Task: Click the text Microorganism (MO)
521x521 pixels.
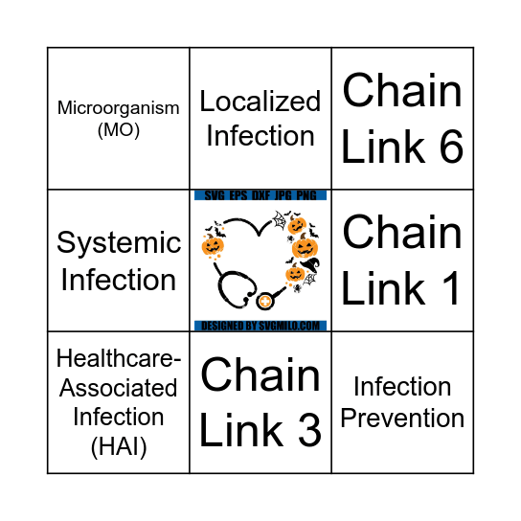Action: (118, 119)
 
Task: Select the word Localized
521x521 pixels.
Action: (260, 102)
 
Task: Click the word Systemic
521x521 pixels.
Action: (119, 243)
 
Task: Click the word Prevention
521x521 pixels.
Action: (402, 419)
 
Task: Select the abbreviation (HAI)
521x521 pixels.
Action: (117, 446)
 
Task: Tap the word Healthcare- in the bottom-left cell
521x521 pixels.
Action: (117, 358)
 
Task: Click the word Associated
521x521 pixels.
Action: (117, 388)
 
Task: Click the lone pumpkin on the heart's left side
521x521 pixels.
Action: (213, 247)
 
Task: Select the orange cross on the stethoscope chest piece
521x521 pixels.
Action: (264, 303)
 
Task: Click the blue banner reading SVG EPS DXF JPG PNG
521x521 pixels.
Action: (260, 195)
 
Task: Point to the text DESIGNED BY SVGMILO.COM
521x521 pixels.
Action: (260, 327)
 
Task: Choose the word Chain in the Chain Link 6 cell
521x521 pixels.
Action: (402, 92)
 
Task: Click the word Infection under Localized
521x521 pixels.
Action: (260, 136)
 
